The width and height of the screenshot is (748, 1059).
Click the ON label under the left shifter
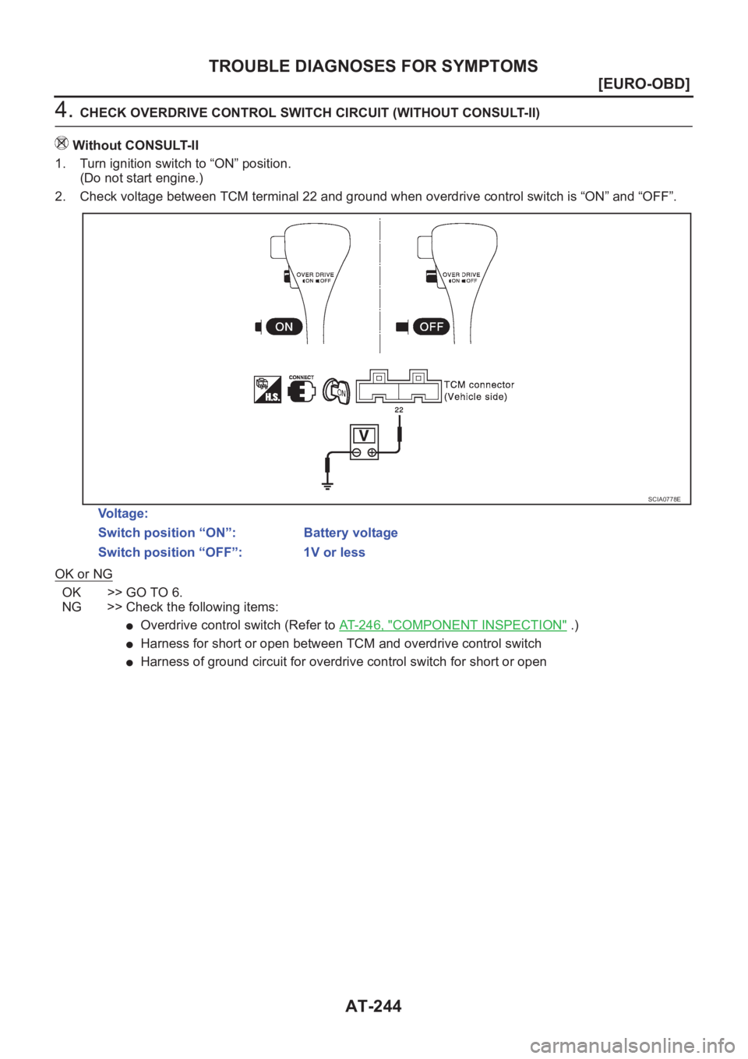(x=284, y=327)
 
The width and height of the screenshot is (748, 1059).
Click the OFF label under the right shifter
(x=431, y=327)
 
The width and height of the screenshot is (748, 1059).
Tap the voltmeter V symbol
(x=364, y=436)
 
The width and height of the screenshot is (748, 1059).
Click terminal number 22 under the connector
(x=399, y=409)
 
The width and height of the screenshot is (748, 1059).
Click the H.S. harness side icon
(x=267, y=390)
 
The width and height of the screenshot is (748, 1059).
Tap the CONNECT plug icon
(x=302, y=389)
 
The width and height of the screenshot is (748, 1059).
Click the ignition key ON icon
(x=337, y=390)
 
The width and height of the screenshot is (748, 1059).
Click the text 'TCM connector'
(x=479, y=384)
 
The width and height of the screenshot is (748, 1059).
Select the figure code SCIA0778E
(x=664, y=499)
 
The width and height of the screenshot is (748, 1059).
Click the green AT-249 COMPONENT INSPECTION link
(x=453, y=625)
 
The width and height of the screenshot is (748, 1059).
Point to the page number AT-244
(x=373, y=1006)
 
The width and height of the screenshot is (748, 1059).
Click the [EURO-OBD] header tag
(x=644, y=84)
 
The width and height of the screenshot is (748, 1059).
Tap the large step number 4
(x=62, y=110)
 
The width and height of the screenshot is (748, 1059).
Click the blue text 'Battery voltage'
(x=351, y=533)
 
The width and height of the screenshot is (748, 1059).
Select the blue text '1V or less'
(x=334, y=552)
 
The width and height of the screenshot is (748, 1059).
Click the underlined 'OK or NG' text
(x=83, y=574)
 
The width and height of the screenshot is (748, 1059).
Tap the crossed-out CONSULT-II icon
(x=62, y=143)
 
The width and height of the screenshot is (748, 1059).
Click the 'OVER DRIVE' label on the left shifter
(x=315, y=274)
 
